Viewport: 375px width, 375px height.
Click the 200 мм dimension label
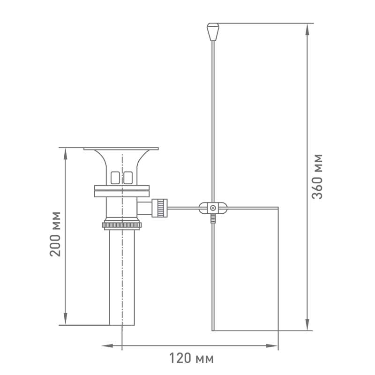pyautogui.click(x=55, y=234)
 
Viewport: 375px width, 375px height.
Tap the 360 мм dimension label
pyautogui.click(x=317, y=177)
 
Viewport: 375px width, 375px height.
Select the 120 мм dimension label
pyautogui.click(x=191, y=358)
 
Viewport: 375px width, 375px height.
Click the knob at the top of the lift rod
pyautogui.click(x=213, y=32)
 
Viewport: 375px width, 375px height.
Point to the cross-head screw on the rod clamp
pyautogui.click(x=213, y=208)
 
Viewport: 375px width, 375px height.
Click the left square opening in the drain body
pyautogui.click(x=115, y=178)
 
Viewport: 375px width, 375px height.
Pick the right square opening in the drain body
pyautogui.click(x=128, y=178)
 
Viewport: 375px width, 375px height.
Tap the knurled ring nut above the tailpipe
pyautogui.click(x=122, y=225)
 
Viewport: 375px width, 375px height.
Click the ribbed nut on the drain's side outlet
pyautogui.click(x=159, y=208)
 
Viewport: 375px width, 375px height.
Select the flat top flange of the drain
pyautogui.click(x=121, y=149)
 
